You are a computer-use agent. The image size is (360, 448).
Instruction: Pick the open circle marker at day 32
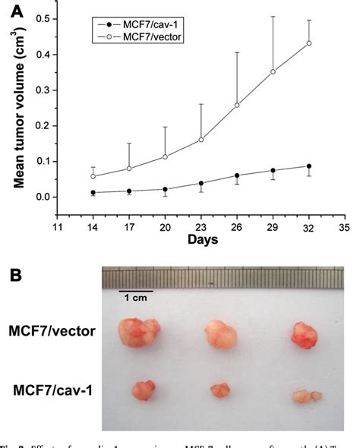click(308, 43)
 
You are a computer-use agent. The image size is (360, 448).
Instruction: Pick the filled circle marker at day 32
click(308, 166)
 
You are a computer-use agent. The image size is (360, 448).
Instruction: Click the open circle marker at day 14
click(93, 176)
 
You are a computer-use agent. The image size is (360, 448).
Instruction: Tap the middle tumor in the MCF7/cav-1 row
click(219, 390)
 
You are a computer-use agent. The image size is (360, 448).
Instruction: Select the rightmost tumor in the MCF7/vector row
click(302, 336)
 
